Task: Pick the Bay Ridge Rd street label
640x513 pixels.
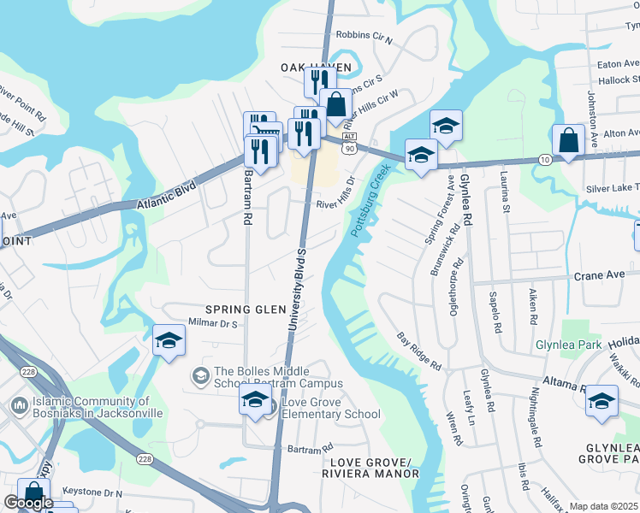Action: tap(419, 351)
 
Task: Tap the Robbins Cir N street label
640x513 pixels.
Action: tap(364, 37)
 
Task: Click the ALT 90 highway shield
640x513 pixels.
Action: tap(349, 144)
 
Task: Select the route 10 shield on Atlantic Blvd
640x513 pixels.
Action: tap(544, 160)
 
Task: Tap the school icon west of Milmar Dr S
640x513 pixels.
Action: tap(169, 339)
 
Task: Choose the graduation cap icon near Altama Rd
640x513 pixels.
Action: tap(601, 401)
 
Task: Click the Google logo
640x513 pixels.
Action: tap(28, 503)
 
